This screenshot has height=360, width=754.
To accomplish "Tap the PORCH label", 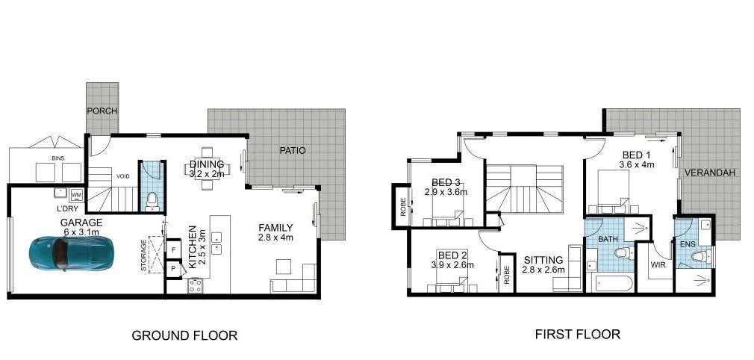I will pos(102,111).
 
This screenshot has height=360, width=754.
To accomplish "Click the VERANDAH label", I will pos(710,173).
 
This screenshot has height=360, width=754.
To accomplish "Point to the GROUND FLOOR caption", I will pos(184,335).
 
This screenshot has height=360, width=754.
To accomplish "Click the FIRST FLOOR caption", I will pos(577,334).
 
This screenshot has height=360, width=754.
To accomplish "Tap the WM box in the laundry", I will pos(76,195).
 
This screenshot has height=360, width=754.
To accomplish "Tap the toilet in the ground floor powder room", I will pos(152,199).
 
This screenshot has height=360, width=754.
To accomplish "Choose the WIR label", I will pos(657,264).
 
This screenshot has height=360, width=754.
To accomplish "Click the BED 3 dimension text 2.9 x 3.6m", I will pos(445,192).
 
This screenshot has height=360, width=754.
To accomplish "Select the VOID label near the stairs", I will pos(124,177).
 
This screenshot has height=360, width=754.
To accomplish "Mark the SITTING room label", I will pos(542,259).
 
